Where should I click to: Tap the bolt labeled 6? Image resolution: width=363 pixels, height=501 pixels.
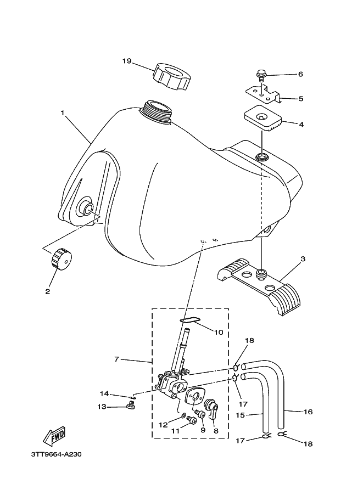pyautogui.click(x=261, y=75)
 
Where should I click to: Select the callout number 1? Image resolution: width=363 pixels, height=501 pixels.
pyautogui.click(x=63, y=113)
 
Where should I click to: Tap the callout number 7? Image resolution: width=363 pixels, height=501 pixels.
pyautogui.click(x=116, y=359)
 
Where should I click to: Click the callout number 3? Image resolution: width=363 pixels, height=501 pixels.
pyautogui.click(x=303, y=259)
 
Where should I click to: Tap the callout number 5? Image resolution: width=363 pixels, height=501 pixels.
pyautogui.click(x=301, y=99)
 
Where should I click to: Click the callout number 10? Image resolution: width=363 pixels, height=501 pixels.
pyautogui.click(x=219, y=333)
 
